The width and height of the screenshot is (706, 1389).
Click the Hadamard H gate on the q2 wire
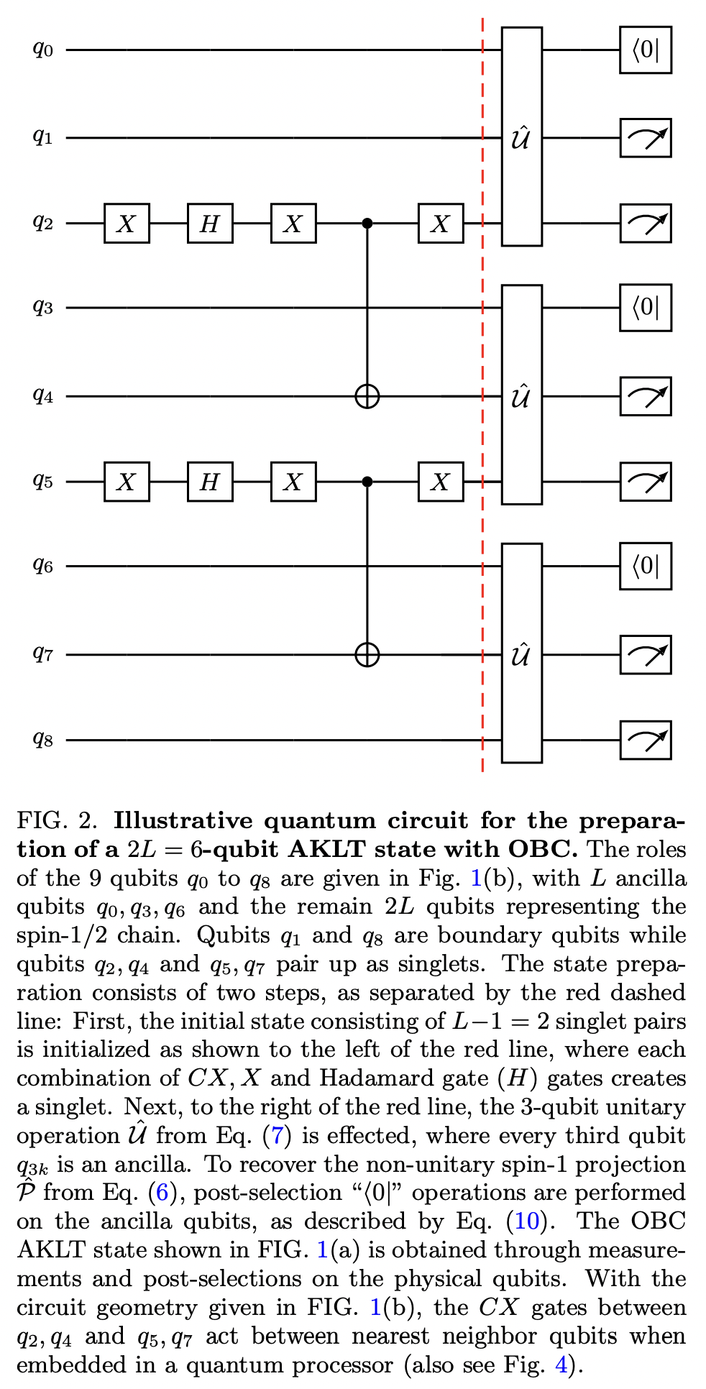(210, 224)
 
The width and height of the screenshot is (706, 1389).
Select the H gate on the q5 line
(210, 482)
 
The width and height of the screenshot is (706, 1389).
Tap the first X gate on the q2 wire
(127, 224)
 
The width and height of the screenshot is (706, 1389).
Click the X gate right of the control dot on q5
(441, 482)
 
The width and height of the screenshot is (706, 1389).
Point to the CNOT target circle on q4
(367, 396)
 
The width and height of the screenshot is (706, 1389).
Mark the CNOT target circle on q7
(367, 655)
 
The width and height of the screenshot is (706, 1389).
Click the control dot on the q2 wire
(367, 224)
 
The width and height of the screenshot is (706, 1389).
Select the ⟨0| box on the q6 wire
(645, 567)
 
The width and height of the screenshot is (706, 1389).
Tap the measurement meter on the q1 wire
(645, 137)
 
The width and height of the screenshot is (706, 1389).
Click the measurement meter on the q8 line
(645, 740)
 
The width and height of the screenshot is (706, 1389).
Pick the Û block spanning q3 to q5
(521, 395)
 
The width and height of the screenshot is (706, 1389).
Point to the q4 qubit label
(43, 395)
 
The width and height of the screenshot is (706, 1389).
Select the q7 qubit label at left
(43, 654)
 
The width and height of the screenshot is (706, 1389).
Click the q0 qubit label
(43, 50)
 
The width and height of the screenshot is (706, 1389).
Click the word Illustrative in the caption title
(183, 821)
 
